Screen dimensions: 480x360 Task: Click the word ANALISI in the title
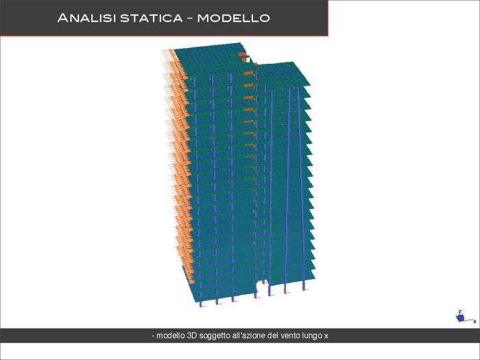point(86,18)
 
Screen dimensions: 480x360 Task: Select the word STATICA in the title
point(152,18)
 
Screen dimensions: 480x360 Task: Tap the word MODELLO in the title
point(233,18)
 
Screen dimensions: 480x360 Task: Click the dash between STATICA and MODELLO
point(190,19)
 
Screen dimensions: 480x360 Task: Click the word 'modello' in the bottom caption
point(171,336)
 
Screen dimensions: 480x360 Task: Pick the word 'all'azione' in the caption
point(248,336)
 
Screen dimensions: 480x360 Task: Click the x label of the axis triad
point(475,321)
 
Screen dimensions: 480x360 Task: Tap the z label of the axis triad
point(460,311)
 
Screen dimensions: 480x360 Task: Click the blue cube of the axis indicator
point(461,318)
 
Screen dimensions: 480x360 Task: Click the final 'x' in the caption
point(326,337)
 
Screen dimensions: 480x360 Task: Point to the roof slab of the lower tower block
point(283,74)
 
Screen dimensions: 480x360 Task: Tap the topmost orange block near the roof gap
point(242,54)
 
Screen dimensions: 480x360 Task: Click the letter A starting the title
point(62,18)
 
